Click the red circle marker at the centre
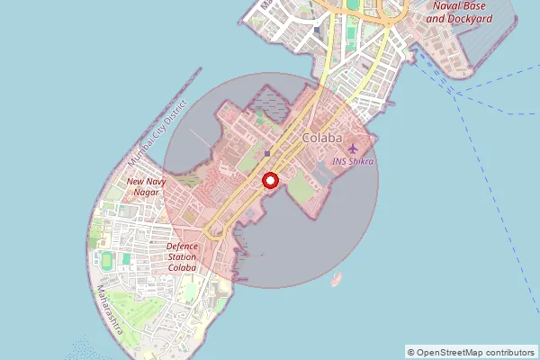(269, 180)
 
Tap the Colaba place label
(322, 138)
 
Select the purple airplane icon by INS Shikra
(353, 148)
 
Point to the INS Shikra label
(353, 162)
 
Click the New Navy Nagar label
(146, 186)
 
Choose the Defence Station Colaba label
(182, 256)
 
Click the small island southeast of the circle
(337, 278)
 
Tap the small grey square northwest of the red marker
(267, 153)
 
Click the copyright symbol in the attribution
(410, 352)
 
